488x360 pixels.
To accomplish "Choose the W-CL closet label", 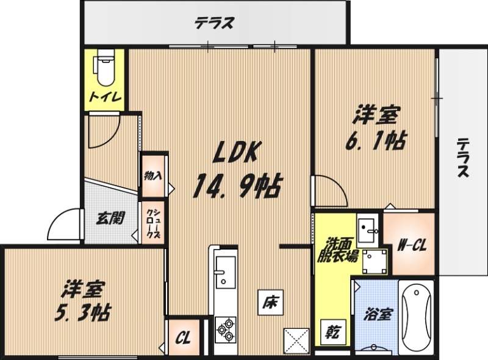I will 412,246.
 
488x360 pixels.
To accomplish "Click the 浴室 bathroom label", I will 378,315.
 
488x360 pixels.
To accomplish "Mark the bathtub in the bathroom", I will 416,317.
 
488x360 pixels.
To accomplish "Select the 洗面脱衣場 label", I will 336,248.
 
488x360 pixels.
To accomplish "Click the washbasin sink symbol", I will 368,231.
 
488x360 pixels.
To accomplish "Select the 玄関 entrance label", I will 110,218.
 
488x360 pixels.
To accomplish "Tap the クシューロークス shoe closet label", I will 152,224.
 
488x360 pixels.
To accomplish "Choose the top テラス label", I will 215,24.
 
